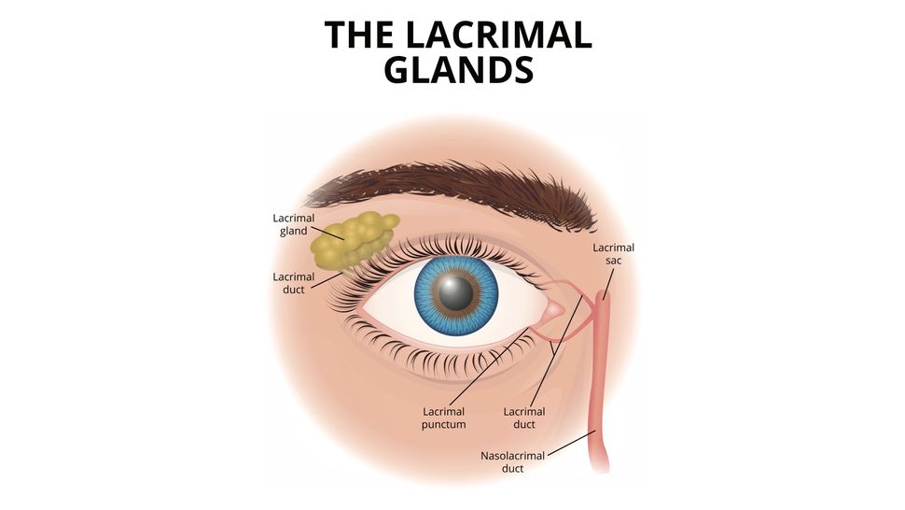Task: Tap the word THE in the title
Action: (x=360, y=35)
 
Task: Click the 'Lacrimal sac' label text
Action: (x=614, y=254)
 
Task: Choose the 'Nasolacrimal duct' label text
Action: (x=511, y=462)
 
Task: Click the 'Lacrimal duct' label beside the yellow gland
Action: (x=294, y=283)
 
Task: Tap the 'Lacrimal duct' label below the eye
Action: (x=524, y=418)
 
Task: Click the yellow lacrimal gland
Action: (x=353, y=241)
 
